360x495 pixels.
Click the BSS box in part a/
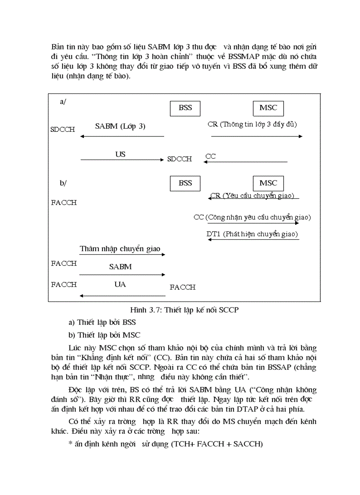coord(185,108)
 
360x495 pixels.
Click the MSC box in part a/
coord(268,108)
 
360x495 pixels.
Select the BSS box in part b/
coord(185,183)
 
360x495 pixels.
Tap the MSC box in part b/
coord(268,183)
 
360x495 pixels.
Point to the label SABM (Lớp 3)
coord(120,127)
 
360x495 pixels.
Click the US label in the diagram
coord(120,154)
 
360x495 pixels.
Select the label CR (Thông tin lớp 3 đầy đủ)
coord(252,124)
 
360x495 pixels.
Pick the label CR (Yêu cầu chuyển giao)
coord(252,196)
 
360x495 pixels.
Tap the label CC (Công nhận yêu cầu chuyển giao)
coord(252,217)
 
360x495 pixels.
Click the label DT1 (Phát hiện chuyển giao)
coord(252,234)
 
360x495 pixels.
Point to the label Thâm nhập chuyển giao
coord(120,249)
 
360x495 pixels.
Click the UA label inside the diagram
coord(120,284)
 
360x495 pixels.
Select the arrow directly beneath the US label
coord(122,160)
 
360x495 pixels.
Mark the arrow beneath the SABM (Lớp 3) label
coord(122,137)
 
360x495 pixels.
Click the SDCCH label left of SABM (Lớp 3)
coord(63,130)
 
